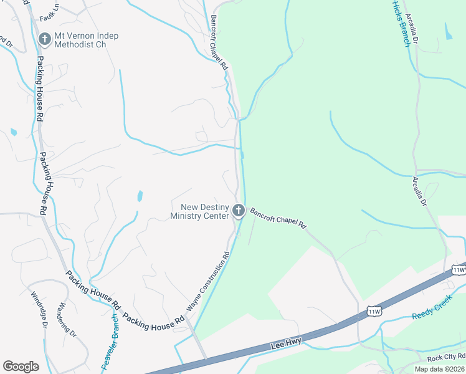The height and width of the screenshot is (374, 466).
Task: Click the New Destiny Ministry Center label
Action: pos(200,211)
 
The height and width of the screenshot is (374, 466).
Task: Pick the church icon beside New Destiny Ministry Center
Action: pos(238,211)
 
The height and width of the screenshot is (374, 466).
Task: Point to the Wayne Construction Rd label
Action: pos(209,281)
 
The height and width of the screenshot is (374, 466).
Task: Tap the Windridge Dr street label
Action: pos(36,311)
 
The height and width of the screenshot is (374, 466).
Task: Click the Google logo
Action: pos(21,367)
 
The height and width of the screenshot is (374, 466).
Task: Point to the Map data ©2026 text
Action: pos(439,369)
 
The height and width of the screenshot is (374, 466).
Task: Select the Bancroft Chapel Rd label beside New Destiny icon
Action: pos(278,218)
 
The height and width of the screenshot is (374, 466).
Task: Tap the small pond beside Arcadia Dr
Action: pos(449,31)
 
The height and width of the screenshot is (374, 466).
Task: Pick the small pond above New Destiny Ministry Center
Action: pos(140,196)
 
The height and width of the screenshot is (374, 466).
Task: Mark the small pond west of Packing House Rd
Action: pos(14,132)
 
